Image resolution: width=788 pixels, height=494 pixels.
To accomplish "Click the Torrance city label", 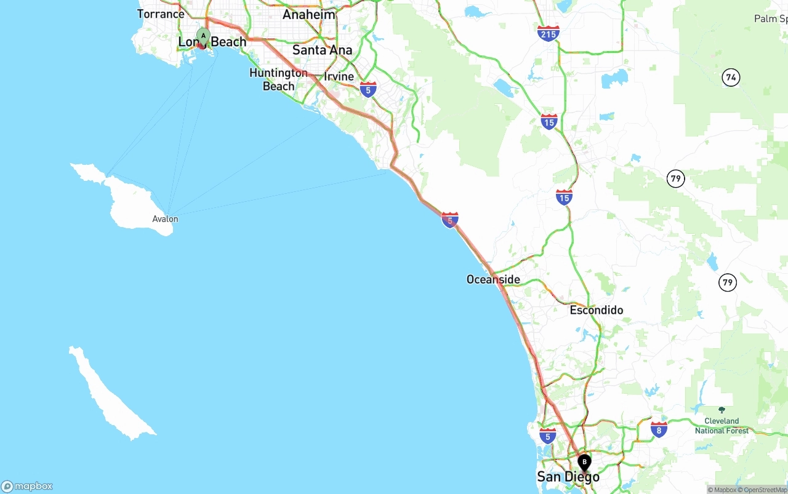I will [161, 14].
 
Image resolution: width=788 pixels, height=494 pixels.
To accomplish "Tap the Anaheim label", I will [309, 14].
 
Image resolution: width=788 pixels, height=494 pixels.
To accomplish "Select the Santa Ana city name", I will [323, 50].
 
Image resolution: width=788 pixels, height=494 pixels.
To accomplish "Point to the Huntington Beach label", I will [278, 79].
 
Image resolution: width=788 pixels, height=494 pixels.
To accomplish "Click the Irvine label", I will [339, 76].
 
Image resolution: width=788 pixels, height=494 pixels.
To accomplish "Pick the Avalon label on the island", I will [165, 219].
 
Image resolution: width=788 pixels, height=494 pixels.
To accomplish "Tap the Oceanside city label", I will [493, 279].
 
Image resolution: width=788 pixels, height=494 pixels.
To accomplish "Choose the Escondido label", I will [596, 310].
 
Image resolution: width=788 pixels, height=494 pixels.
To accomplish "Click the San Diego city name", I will [568, 477].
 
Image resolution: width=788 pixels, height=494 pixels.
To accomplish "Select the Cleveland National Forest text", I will [722, 426].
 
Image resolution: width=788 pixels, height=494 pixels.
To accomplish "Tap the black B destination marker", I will [584, 462].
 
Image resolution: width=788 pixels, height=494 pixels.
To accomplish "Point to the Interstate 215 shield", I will [548, 33].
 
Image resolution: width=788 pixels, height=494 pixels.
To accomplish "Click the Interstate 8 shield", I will [659, 429].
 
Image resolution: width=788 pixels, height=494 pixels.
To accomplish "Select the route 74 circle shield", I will [731, 78].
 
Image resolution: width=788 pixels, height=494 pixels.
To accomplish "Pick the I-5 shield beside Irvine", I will [368, 90].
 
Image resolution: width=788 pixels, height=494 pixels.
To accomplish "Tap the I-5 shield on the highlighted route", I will [450, 220].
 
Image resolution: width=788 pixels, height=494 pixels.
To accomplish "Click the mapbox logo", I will [27, 486].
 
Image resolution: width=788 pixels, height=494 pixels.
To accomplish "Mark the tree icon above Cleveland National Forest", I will [722, 410].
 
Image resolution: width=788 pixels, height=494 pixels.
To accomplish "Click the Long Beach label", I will [212, 42].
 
